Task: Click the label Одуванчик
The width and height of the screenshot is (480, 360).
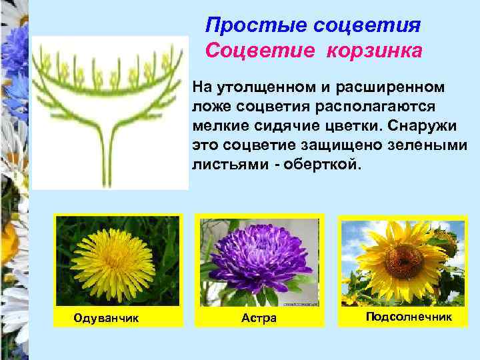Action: pos(107,318)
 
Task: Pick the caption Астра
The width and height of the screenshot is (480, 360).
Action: pos(259,318)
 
